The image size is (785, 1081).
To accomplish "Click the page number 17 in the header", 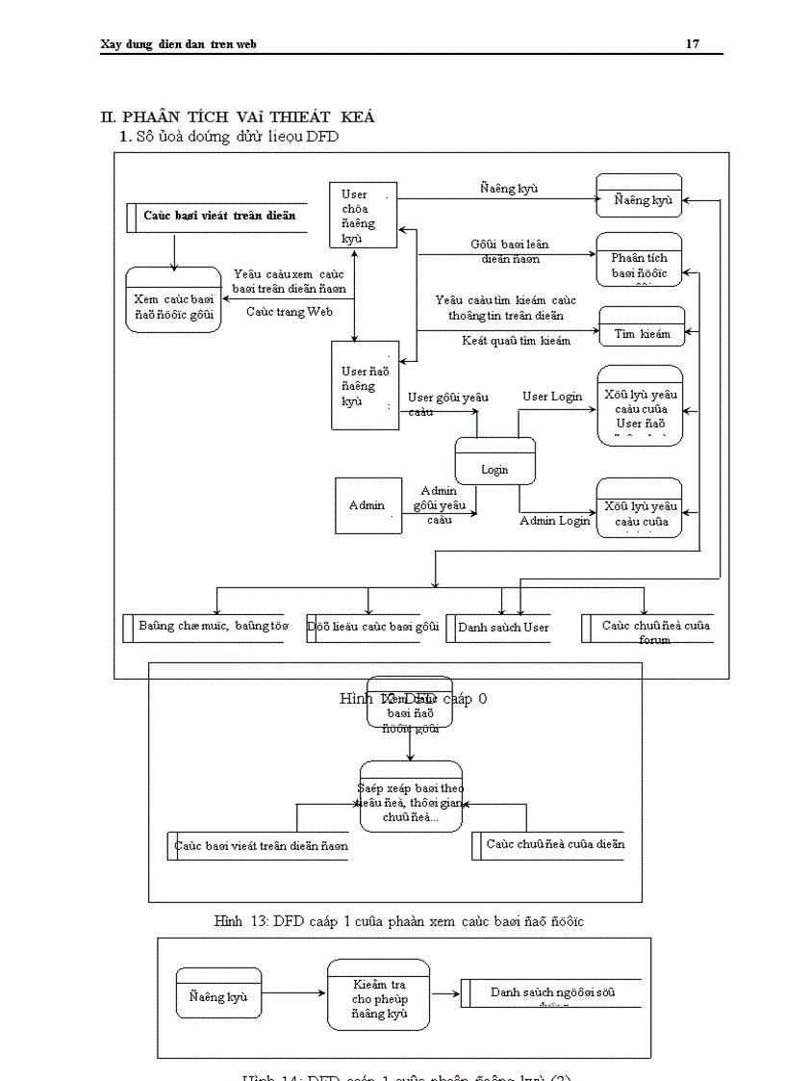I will click(692, 44).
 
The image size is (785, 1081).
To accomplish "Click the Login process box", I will click(494, 462).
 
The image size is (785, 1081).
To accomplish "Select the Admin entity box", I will click(367, 505).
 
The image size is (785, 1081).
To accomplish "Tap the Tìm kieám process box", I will click(642, 327).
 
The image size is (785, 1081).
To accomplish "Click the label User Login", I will click(552, 397).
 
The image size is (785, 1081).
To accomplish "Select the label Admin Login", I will click(555, 521).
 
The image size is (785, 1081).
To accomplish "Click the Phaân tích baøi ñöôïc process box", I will click(639, 260).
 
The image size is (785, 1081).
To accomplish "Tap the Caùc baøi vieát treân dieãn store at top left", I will click(218, 216).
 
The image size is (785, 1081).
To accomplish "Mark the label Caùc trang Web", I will click(290, 312).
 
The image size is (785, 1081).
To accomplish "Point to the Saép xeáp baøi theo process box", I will click(411, 796).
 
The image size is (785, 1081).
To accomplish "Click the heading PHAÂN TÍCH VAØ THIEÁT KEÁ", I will click(238, 116).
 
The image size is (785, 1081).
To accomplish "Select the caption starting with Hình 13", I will click(398, 921).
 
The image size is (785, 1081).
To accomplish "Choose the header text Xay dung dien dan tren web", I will click(178, 44).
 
